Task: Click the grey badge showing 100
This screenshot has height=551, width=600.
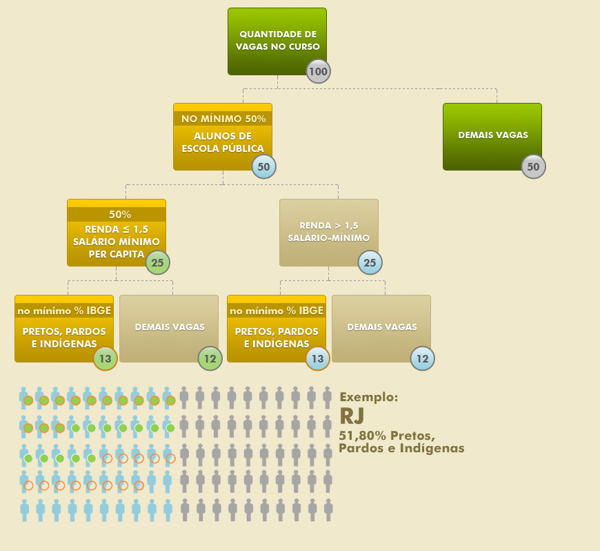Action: [x=318, y=71]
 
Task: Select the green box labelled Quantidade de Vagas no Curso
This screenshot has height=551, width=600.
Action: [x=277, y=40]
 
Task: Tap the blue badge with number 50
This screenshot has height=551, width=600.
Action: [x=263, y=166]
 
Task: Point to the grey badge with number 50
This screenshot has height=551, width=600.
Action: [x=533, y=166]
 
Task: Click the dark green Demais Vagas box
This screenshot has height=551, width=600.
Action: [x=492, y=135]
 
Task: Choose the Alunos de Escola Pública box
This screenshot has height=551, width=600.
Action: [x=222, y=142]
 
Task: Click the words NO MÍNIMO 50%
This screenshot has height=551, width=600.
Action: [x=223, y=119]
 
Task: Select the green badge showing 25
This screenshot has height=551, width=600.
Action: [x=157, y=262]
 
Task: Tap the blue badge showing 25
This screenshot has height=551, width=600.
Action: [x=370, y=262]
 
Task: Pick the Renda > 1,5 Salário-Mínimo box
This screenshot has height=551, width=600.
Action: [x=328, y=231]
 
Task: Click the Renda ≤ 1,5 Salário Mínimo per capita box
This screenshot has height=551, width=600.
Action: [x=116, y=235]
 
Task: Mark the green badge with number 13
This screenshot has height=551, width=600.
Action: [x=105, y=358]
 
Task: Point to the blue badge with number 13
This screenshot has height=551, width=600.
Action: [x=317, y=358]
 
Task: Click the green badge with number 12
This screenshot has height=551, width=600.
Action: [x=210, y=358]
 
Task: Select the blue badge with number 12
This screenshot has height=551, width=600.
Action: [x=422, y=358]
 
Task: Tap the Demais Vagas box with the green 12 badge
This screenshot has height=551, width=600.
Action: [x=169, y=327]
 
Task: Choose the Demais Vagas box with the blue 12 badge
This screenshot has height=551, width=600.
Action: [x=381, y=327]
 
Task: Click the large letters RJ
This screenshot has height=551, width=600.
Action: [x=352, y=416]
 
